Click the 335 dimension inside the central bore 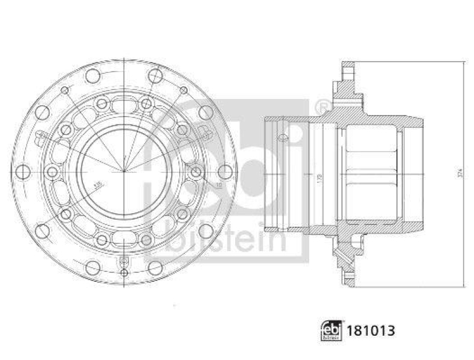click(98, 184)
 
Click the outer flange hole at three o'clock click(224, 172)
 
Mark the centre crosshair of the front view click(123, 172)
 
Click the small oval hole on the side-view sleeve click(283, 138)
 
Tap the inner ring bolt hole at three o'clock click(196, 172)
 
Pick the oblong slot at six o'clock click(123, 238)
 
